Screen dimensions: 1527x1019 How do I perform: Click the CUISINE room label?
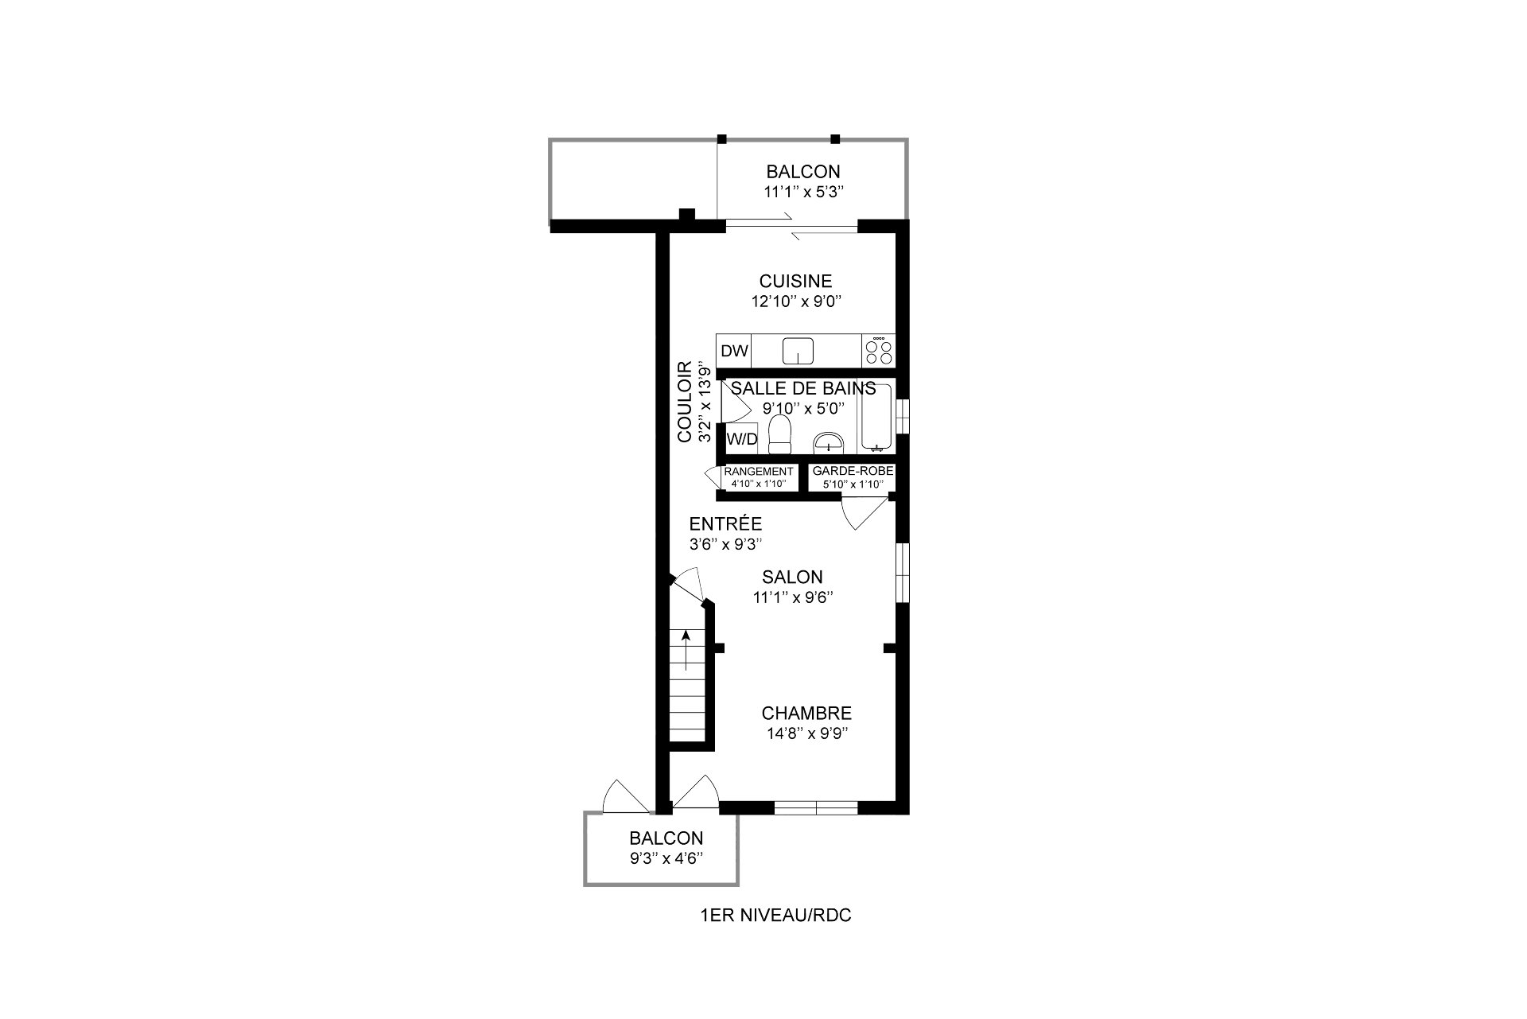click(795, 281)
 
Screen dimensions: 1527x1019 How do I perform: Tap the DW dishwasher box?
click(734, 351)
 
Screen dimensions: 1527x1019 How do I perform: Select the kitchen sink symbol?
click(798, 351)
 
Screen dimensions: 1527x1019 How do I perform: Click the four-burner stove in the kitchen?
click(879, 351)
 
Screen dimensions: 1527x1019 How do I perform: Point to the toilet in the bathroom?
click(780, 434)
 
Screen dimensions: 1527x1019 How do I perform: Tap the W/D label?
click(742, 439)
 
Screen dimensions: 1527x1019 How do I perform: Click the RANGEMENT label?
click(758, 472)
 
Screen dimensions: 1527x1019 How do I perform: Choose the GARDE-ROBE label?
click(853, 472)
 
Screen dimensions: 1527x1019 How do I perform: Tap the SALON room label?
click(792, 578)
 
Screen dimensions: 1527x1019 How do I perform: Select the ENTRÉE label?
click(725, 524)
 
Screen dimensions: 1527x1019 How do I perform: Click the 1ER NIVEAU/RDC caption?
click(775, 916)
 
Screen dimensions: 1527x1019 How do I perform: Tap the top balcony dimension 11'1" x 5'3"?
click(802, 192)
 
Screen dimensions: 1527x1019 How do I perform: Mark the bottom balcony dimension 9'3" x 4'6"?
click(666, 858)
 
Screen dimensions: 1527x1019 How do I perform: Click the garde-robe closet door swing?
click(865, 513)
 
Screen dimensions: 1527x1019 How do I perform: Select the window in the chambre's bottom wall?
click(817, 808)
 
